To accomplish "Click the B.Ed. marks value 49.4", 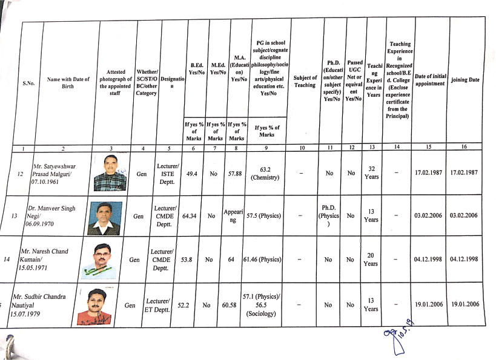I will (192, 173).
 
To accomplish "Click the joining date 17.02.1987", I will (464, 173).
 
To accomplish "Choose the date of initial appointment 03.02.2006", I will (431, 215).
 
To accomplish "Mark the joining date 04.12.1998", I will (464, 260).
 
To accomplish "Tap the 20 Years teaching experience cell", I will (372, 260).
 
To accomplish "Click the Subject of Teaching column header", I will (305, 81).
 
